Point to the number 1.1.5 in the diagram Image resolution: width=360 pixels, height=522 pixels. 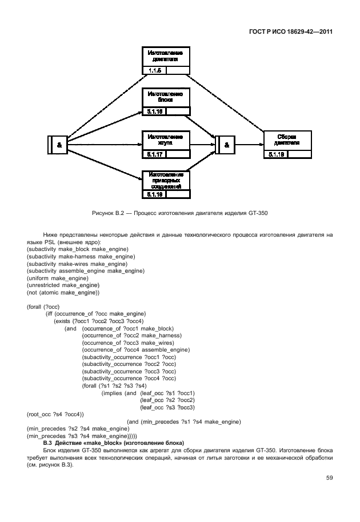coord(154,70)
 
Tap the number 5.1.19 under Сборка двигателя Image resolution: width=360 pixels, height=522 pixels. coord(275,154)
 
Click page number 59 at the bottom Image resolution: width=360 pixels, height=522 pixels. coord(329,478)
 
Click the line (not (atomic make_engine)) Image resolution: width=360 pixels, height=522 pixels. coord(63,293)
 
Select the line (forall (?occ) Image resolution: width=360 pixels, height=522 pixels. coord(43,307)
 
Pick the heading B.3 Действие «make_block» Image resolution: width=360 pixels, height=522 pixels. coord(114,443)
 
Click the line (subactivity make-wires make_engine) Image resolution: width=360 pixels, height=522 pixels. coord(77,264)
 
